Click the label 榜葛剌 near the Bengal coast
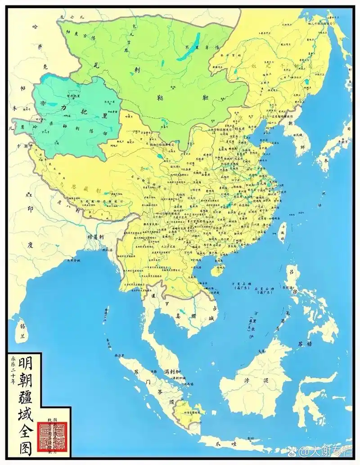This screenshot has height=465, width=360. pyautogui.click(x=96, y=236)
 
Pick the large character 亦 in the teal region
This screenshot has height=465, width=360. pyautogui.click(x=43, y=103)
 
